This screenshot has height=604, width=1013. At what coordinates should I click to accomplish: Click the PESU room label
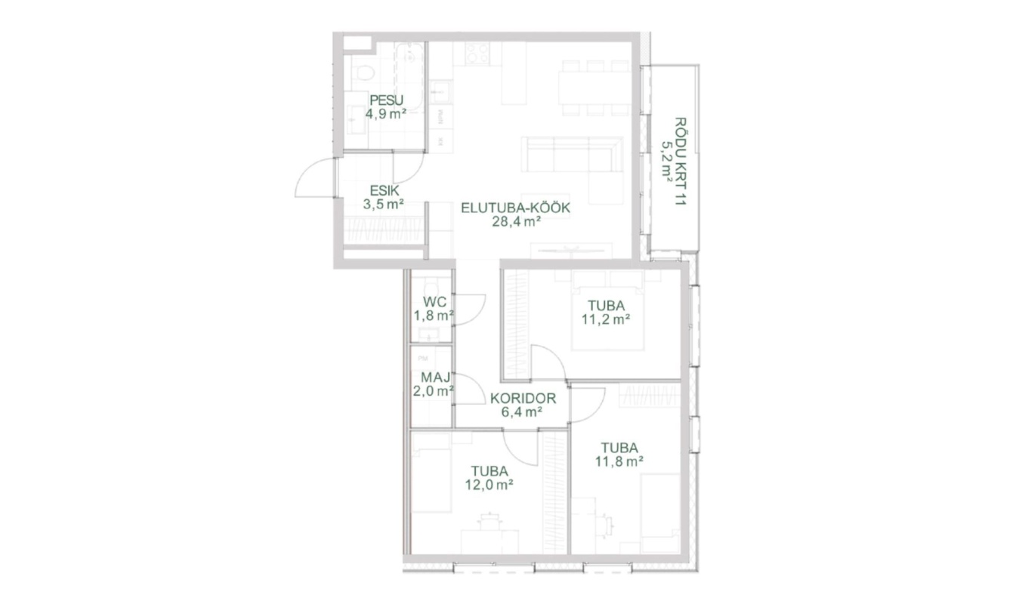tap(386, 100)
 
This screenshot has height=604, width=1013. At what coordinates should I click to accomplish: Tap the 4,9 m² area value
tap(386, 113)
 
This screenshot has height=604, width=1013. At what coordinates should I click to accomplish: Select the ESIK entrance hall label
tap(385, 190)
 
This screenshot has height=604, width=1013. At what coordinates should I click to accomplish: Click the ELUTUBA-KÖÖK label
tap(515, 208)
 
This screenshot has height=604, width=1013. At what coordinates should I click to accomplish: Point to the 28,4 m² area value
tap(517, 221)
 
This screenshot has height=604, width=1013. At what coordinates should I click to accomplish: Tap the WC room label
tap(434, 301)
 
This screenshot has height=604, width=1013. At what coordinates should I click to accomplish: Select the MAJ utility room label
tap(436, 377)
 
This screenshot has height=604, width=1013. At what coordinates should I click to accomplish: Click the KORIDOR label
tap(523, 399)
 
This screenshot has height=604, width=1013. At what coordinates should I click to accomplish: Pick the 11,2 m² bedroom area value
tap(606, 319)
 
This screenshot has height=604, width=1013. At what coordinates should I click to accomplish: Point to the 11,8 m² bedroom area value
tap(619, 461)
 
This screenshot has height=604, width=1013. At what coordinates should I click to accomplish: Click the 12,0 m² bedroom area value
tap(490, 485)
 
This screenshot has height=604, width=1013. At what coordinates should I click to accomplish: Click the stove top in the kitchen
tap(477, 54)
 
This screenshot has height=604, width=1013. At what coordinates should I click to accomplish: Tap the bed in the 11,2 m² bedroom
tap(607, 312)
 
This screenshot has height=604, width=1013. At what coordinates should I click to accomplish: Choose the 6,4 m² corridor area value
tap(522, 411)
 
